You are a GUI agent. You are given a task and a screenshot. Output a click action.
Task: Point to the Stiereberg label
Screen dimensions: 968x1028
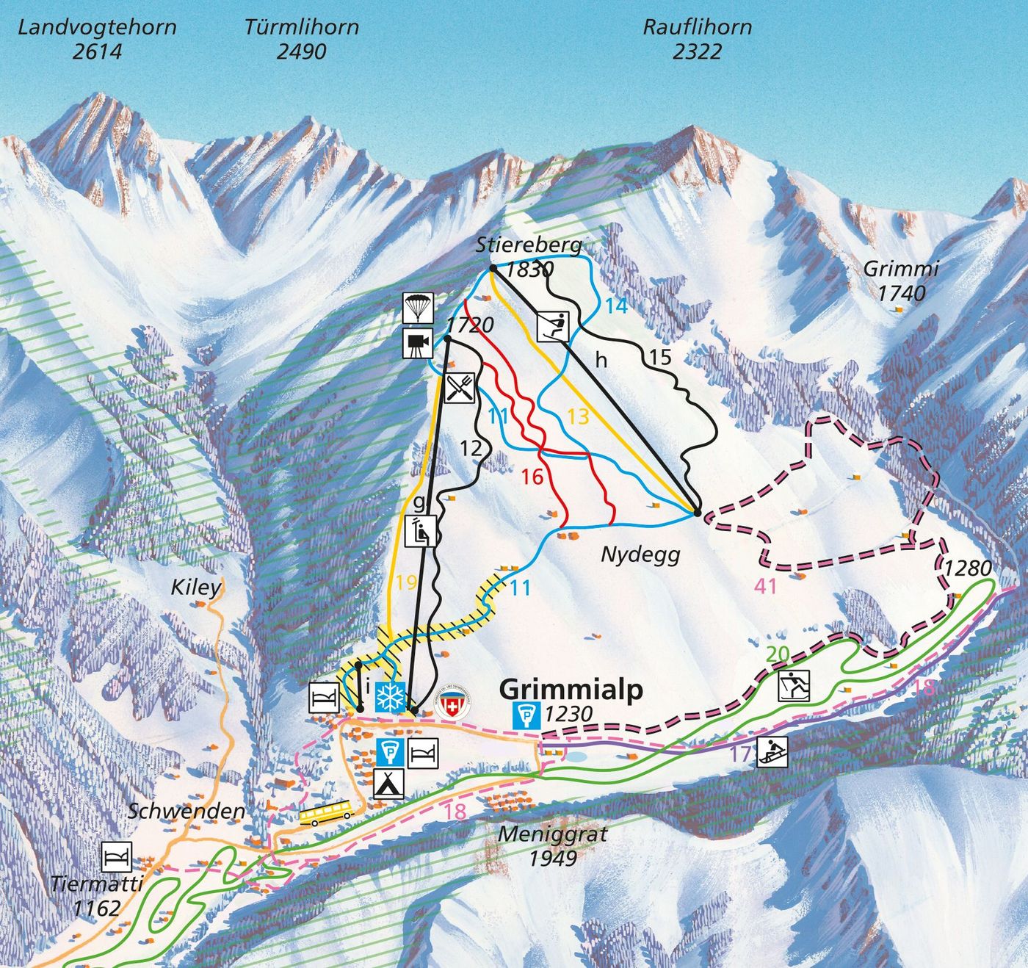(x=529, y=245)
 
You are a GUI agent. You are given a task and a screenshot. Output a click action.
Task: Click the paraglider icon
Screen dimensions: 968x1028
(x=418, y=308)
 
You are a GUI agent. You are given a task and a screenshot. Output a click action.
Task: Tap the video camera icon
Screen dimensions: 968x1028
(x=418, y=343)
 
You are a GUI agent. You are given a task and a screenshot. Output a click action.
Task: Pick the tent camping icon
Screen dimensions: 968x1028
(x=389, y=784)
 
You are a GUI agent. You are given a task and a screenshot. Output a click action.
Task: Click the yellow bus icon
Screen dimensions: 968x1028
(x=325, y=812)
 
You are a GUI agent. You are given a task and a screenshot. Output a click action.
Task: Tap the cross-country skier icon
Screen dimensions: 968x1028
(x=794, y=686)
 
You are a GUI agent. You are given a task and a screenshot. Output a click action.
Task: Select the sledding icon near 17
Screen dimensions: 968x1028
(x=772, y=752)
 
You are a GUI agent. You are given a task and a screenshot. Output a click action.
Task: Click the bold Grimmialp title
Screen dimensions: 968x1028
(x=571, y=690)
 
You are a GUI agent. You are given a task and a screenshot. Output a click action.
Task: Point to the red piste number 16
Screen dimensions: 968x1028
(x=532, y=477)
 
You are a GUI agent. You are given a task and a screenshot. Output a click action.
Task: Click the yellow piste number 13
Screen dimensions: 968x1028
(x=578, y=416)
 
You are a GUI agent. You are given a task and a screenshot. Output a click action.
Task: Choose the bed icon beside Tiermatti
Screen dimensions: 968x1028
(x=117, y=856)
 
